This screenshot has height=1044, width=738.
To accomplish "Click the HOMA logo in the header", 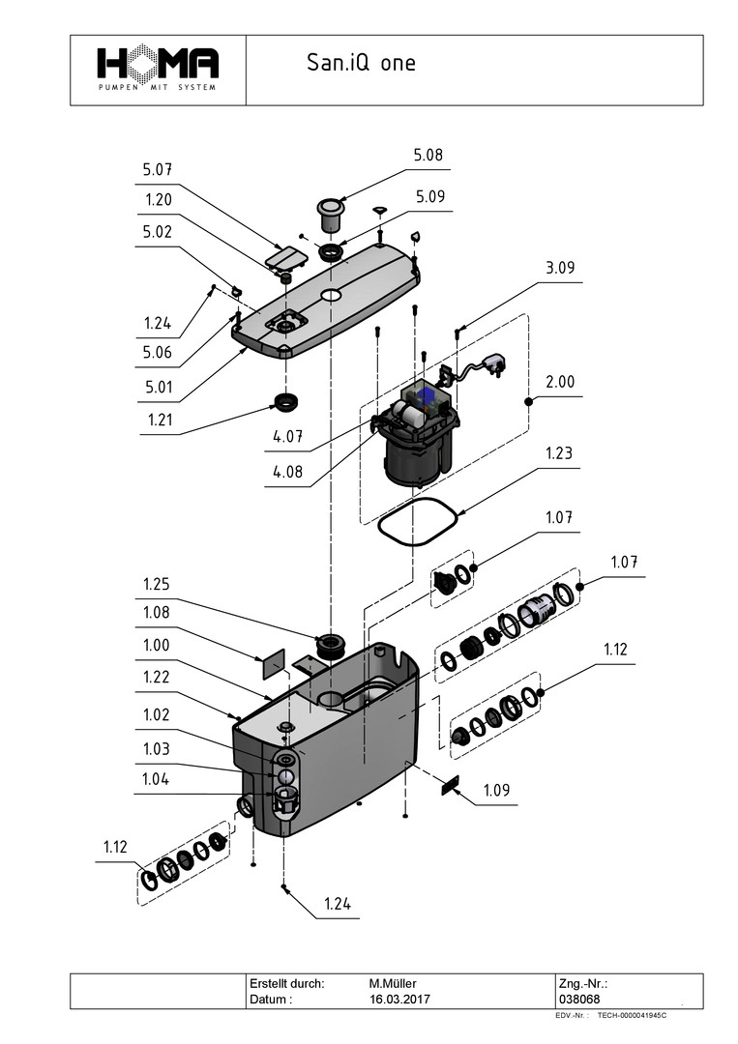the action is point(158,68).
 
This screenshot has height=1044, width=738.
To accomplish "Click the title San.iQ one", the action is point(361,63).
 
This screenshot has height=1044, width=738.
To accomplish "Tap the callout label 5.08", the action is point(428,155).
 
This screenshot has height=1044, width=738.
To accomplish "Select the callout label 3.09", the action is point(559,268).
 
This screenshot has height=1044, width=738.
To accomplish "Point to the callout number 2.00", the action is point(559,382).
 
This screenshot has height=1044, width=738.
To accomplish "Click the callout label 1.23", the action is point(559,453).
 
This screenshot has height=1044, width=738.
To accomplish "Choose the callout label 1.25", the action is point(157,584).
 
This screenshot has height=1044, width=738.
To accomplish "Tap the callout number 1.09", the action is point(496,791).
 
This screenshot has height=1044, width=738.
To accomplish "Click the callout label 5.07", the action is point(158,170).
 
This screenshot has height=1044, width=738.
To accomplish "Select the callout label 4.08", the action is point(287,472).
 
